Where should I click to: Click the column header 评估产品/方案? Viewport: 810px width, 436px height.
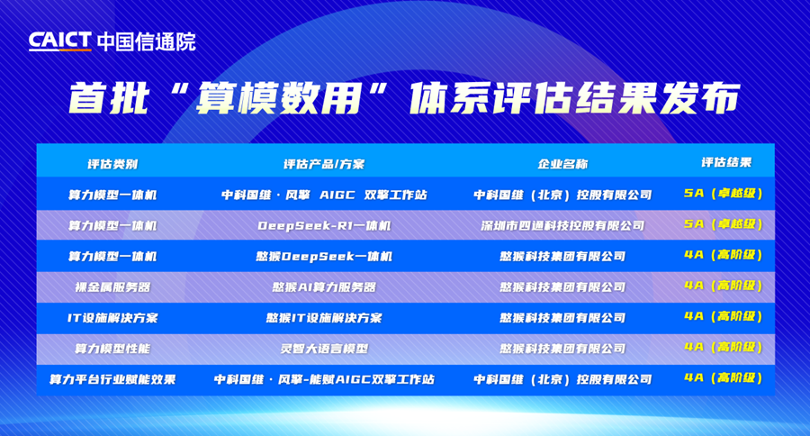coord(324,164)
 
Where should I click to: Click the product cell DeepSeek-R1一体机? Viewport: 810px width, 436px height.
coord(324,225)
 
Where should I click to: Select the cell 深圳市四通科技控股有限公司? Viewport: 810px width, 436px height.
coord(562,225)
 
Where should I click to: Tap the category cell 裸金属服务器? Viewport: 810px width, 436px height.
coord(112,286)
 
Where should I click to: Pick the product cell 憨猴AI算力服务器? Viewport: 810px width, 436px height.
coord(324,286)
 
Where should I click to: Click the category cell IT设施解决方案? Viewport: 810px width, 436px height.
coord(112,317)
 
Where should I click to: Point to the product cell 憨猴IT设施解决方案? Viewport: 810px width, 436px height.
coord(324,317)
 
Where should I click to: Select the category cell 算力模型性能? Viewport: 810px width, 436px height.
coord(112,348)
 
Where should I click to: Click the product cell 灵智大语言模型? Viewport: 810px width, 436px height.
coord(324,348)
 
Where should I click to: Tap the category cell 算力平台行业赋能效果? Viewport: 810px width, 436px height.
coord(112,379)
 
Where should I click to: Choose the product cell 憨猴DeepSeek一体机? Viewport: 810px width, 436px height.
coord(324,256)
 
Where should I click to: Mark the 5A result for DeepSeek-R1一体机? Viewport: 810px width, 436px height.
coord(724,223)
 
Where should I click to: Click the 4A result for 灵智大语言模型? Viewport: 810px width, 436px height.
coord(724,347)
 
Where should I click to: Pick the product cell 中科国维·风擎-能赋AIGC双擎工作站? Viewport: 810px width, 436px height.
coord(324,379)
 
